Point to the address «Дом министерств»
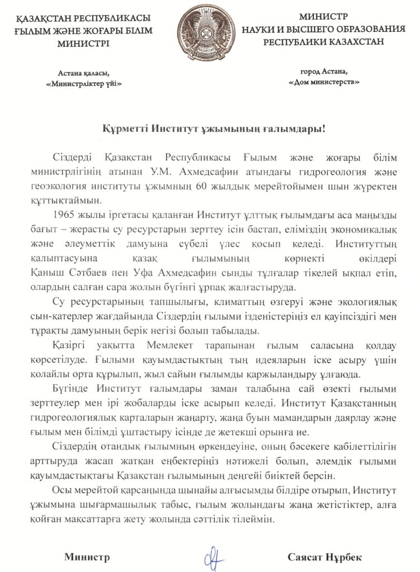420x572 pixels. (323, 82)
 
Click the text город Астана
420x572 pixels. (323, 71)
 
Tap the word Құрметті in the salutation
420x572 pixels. (118, 129)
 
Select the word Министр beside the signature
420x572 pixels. (87, 557)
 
